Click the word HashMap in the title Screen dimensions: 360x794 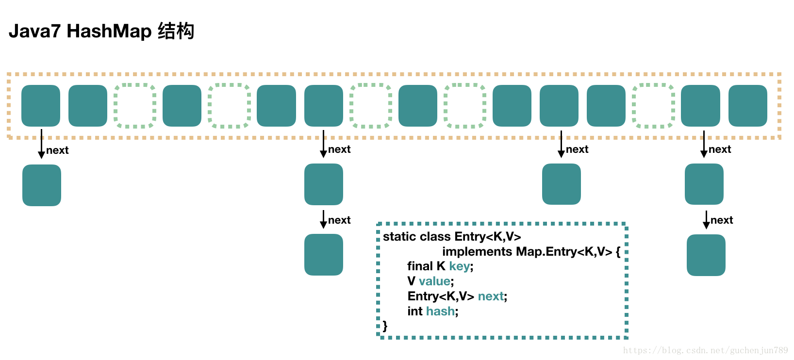pos(109,32)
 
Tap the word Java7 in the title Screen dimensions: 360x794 pos(34,32)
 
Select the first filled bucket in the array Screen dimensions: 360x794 pos(41,106)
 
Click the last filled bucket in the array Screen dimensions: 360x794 pos(747,106)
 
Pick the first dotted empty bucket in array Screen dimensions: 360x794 pos(135,106)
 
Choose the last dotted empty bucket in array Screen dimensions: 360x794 pos(653,106)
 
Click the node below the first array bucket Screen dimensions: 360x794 pos(42,185)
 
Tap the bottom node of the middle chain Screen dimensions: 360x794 pos(324,255)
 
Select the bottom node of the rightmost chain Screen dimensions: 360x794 pos(706,255)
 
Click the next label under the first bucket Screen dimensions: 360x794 pos(57,150)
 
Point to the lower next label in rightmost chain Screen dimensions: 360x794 pos(722,220)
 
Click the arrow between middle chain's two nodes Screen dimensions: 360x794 pos(323,219)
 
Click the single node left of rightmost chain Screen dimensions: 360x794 pos(561,184)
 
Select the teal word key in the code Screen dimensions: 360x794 pos(459,266)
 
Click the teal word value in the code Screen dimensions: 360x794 pos(434,281)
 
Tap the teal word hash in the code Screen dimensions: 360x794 pos(440,311)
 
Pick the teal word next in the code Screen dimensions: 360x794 pos(491,296)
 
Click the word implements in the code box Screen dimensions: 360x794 pos(477,252)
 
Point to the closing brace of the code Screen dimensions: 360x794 pos(385,326)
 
